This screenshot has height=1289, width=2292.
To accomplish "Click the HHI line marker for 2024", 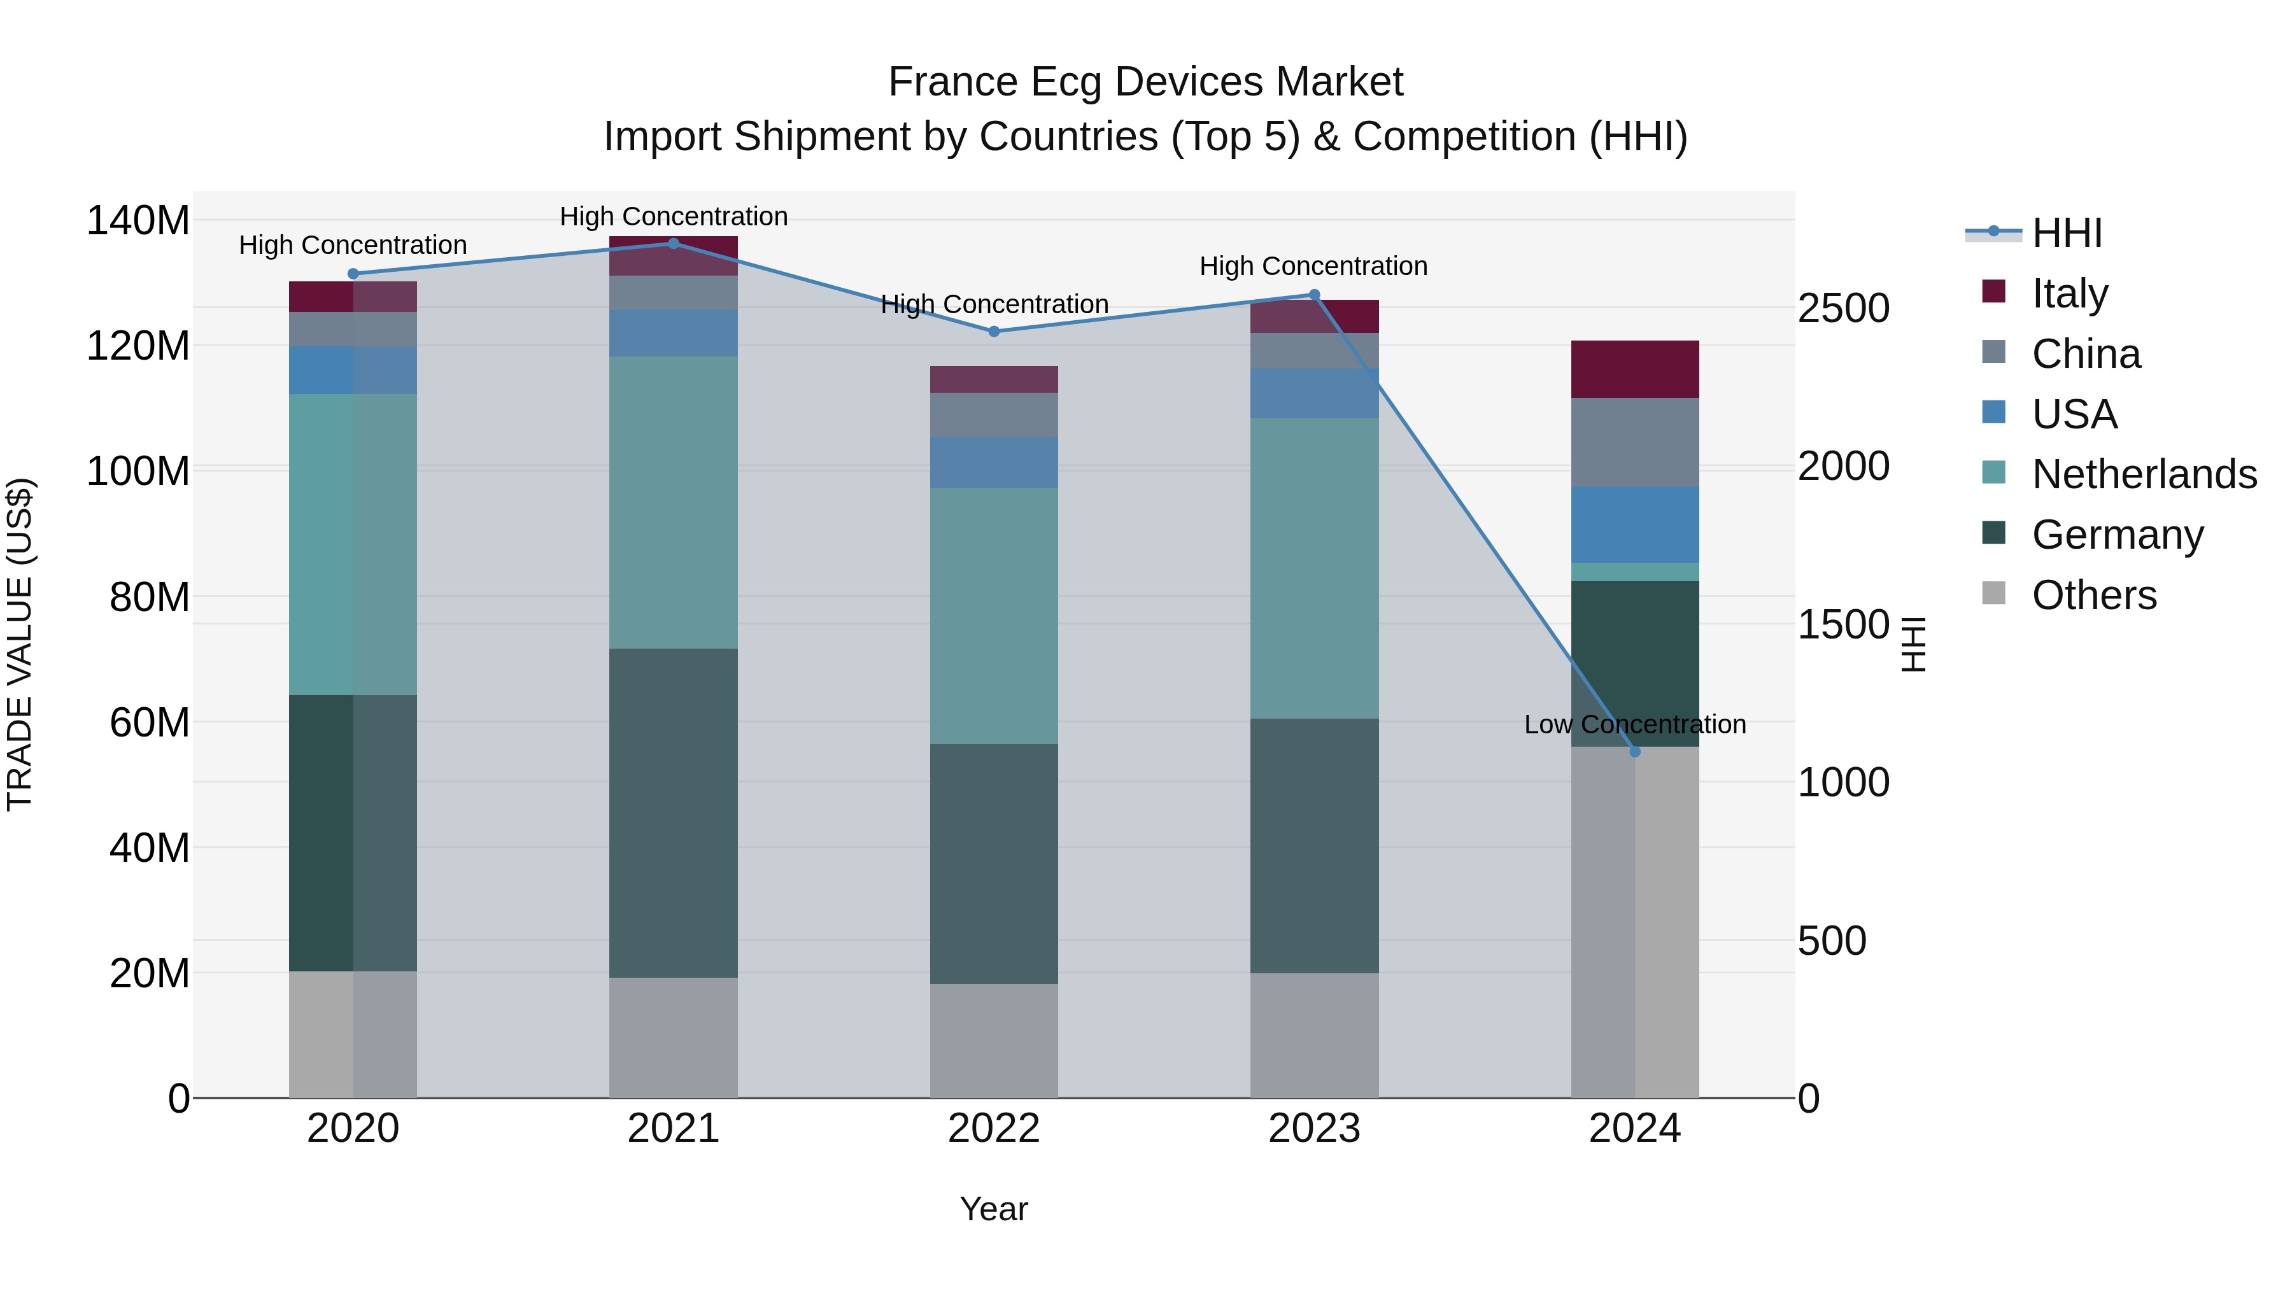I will [1634, 752].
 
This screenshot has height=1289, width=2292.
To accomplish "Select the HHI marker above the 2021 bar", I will [674, 244].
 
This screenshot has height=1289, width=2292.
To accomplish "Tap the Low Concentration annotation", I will [1634, 724].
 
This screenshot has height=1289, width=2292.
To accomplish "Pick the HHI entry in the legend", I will [2066, 233].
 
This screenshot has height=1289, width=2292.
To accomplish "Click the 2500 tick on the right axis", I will [1843, 309].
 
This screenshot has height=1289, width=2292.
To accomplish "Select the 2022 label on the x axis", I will [994, 1129].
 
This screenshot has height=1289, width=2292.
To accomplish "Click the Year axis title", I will [994, 1209].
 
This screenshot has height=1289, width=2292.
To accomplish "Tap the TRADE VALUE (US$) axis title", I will [20, 644].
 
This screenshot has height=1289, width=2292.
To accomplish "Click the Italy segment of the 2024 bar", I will [1634, 369].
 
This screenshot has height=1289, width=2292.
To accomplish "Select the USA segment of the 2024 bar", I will [1634, 525].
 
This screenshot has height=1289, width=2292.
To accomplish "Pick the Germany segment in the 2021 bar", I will [674, 813].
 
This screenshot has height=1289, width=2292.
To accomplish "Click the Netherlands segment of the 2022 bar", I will [994, 616].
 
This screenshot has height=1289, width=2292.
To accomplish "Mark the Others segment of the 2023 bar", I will [1314, 1036].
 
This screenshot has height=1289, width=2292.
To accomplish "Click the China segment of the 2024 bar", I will [1634, 442].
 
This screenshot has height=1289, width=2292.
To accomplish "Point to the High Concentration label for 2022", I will [994, 304].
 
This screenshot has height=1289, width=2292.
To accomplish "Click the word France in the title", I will [952, 82].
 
